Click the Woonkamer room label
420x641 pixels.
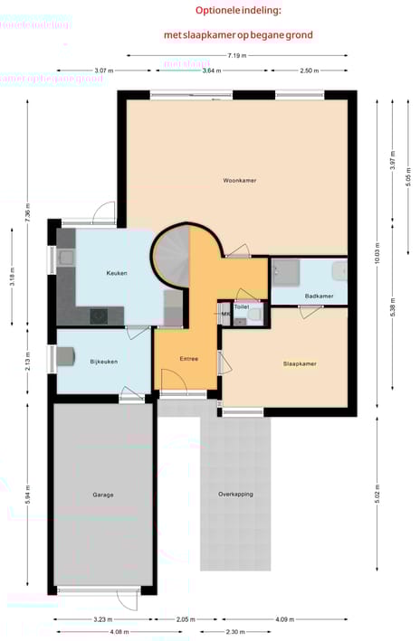pyautogui.click(x=240, y=181)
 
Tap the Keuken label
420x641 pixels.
pyautogui.click(x=116, y=273)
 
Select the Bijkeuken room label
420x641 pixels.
pyautogui.click(x=104, y=362)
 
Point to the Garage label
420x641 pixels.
pyautogui.click(x=102, y=495)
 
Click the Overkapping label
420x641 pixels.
pyautogui.click(x=235, y=495)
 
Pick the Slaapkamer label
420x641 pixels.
pyautogui.click(x=300, y=363)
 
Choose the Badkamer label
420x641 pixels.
pyautogui.click(x=319, y=296)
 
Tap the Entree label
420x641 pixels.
pyautogui.click(x=188, y=359)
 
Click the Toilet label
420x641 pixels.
pyautogui.click(x=242, y=307)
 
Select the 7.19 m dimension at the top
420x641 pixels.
pyautogui.click(x=237, y=56)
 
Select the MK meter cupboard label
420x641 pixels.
pyautogui.click(x=224, y=314)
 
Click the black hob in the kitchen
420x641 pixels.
pyautogui.click(x=98, y=316)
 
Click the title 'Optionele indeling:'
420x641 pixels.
pyautogui.click(x=238, y=10)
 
